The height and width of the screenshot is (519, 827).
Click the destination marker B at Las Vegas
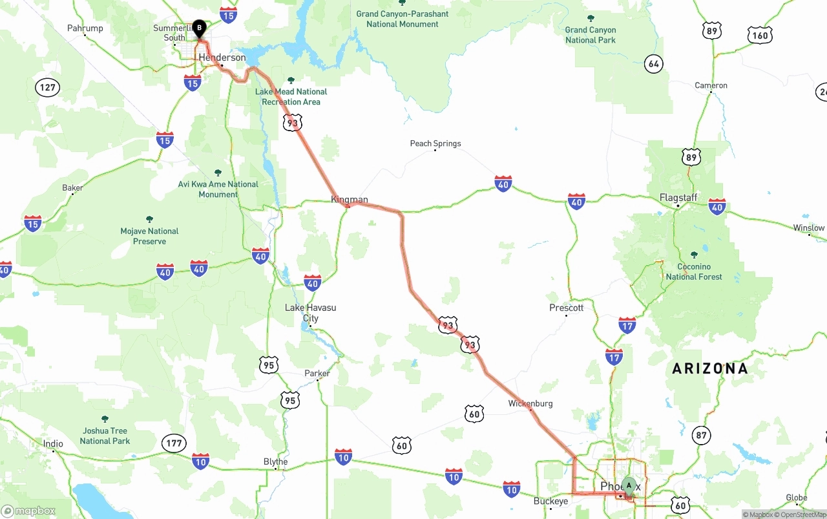199,28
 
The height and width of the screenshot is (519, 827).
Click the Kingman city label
350,199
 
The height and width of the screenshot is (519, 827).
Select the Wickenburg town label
530,403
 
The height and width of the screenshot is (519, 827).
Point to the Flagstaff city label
678,197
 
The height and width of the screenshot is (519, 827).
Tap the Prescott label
567,308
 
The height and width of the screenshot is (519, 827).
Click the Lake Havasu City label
311,313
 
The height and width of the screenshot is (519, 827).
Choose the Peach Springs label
435,143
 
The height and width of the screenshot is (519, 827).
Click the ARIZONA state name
709,368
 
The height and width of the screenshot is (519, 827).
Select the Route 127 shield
48,87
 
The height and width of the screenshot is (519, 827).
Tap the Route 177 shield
174,443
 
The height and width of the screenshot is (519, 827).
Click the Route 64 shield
654,64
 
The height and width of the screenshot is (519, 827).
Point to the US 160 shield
760,35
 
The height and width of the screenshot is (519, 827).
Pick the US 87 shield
702,435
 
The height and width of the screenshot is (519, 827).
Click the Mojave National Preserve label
149,236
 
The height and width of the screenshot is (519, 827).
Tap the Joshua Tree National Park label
105,436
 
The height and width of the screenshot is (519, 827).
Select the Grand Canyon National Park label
591,35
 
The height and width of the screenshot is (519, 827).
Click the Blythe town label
276,461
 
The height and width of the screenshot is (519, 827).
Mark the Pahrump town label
85,28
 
